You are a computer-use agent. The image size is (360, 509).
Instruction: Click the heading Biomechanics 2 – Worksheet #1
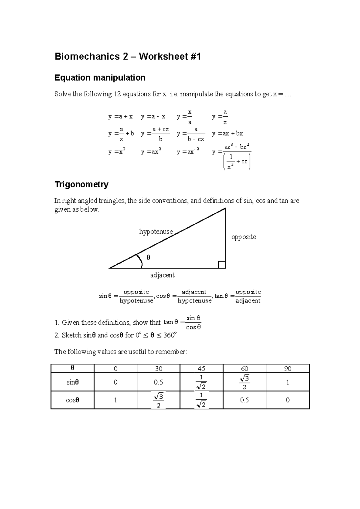pyautogui.click(x=127, y=56)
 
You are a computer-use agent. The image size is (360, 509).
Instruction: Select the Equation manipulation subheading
pyautogui.click(x=100, y=78)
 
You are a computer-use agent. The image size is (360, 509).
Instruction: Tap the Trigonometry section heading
pyautogui.click(x=81, y=184)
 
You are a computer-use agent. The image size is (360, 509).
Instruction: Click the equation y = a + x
pyautogui.click(x=120, y=117)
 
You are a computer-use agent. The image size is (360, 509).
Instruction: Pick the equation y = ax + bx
pyautogui.click(x=227, y=133)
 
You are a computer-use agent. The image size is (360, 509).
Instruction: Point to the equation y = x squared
pyautogui.click(x=117, y=152)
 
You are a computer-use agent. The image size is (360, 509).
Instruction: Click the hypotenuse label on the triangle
pyautogui.click(x=156, y=231)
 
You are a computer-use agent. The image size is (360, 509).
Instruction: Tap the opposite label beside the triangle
pyautogui.click(x=244, y=237)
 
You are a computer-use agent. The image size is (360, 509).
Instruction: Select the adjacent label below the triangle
pyautogui.click(x=162, y=275)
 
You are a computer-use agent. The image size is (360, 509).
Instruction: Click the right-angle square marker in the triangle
pyautogui.click(x=221, y=265)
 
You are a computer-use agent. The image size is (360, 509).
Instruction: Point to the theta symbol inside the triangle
pyautogui.click(x=148, y=257)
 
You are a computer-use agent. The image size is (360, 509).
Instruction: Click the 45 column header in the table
pyautogui.click(x=201, y=369)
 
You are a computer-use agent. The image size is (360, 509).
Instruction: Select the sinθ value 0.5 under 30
pyautogui.click(x=158, y=382)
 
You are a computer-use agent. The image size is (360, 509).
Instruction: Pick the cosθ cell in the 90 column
pyautogui.click(x=287, y=400)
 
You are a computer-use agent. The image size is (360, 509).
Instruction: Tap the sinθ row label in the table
pyautogui.click(x=73, y=382)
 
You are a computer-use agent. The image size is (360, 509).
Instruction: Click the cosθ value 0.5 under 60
pyautogui.click(x=244, y=400)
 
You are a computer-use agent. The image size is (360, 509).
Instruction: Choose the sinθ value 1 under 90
pyautogui.click(x=287, y=382)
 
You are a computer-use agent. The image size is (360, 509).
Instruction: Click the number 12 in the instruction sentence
pyautogui.click(x=117, y=94)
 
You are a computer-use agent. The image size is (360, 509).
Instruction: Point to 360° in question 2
pyautogui.click(x=170, y=335)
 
